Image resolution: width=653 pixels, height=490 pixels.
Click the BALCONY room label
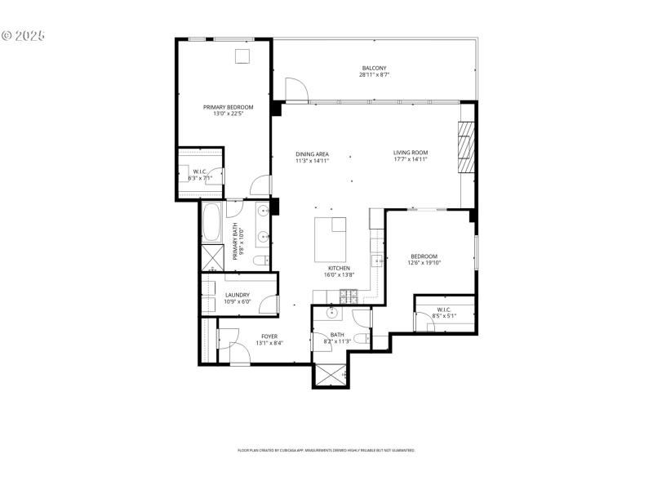point(375,68)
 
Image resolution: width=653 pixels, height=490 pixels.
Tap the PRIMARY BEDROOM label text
point(228,107)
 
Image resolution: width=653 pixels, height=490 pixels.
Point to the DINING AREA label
point(312,154)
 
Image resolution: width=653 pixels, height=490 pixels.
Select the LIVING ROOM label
point(410,153)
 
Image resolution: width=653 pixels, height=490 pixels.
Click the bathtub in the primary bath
point(211,221)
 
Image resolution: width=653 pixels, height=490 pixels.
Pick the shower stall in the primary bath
point(211,259)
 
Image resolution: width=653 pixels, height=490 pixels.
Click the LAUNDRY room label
point(237,295)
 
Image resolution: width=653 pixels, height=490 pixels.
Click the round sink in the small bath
point(333,313)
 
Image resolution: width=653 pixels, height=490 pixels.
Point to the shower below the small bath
point(330,374)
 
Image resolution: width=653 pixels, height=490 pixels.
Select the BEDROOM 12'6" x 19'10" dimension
point(424,263)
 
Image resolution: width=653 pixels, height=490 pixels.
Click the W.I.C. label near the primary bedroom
point(200,171)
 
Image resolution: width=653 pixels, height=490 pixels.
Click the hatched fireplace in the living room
point(466,147)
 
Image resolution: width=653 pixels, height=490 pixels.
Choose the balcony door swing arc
point(295,88)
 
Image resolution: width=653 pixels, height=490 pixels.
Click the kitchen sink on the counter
point(378,261)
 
